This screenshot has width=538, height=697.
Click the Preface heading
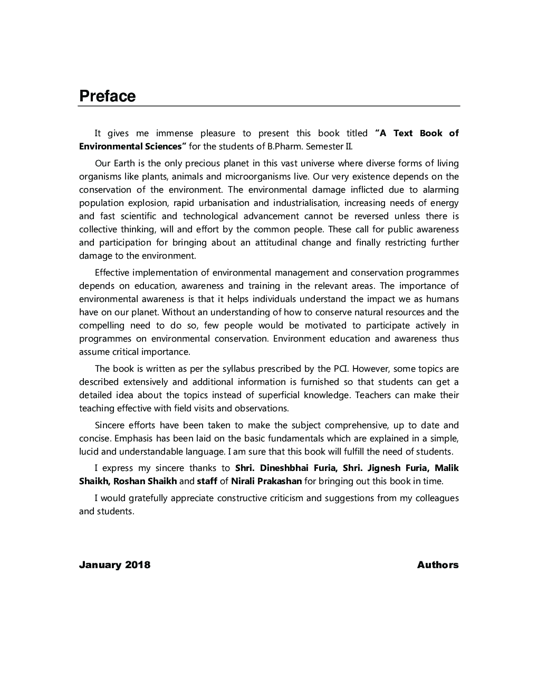point(107,96)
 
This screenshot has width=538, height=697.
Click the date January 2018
point(114,564)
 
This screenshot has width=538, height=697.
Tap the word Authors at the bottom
point(437,564)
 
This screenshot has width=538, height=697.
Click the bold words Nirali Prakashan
point(266,481)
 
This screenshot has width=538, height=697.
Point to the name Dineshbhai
point(285,468)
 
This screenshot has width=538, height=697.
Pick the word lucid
point(89,451)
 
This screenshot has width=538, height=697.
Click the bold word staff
point(207,481)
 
